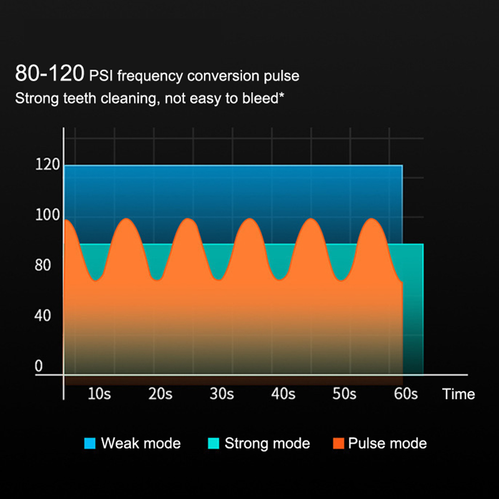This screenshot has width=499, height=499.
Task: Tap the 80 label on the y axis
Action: click(43, 265)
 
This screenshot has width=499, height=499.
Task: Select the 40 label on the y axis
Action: click(43, 316)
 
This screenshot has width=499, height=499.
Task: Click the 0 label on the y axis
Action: click(39, 366)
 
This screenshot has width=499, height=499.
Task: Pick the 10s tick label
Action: click(99, 394)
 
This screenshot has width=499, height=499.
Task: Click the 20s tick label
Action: click(160, 394)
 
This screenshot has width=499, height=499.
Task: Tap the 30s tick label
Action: click(222, 394)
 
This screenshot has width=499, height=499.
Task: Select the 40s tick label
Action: click(283, 394)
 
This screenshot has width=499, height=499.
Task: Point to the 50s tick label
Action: click(344, 394)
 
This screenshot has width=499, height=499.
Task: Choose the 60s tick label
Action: click(406, 394)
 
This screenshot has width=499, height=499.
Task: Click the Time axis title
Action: click(458, 394)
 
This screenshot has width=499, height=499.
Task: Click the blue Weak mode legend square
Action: click(90, 443)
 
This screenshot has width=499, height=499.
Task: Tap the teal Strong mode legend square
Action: click(213, 443)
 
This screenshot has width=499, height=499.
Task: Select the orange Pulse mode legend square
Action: click(338, 443)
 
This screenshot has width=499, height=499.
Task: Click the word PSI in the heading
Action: click(101, 76)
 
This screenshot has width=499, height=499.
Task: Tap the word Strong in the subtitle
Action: click(37, 99)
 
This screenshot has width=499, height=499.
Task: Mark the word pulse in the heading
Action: click(282, 76)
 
